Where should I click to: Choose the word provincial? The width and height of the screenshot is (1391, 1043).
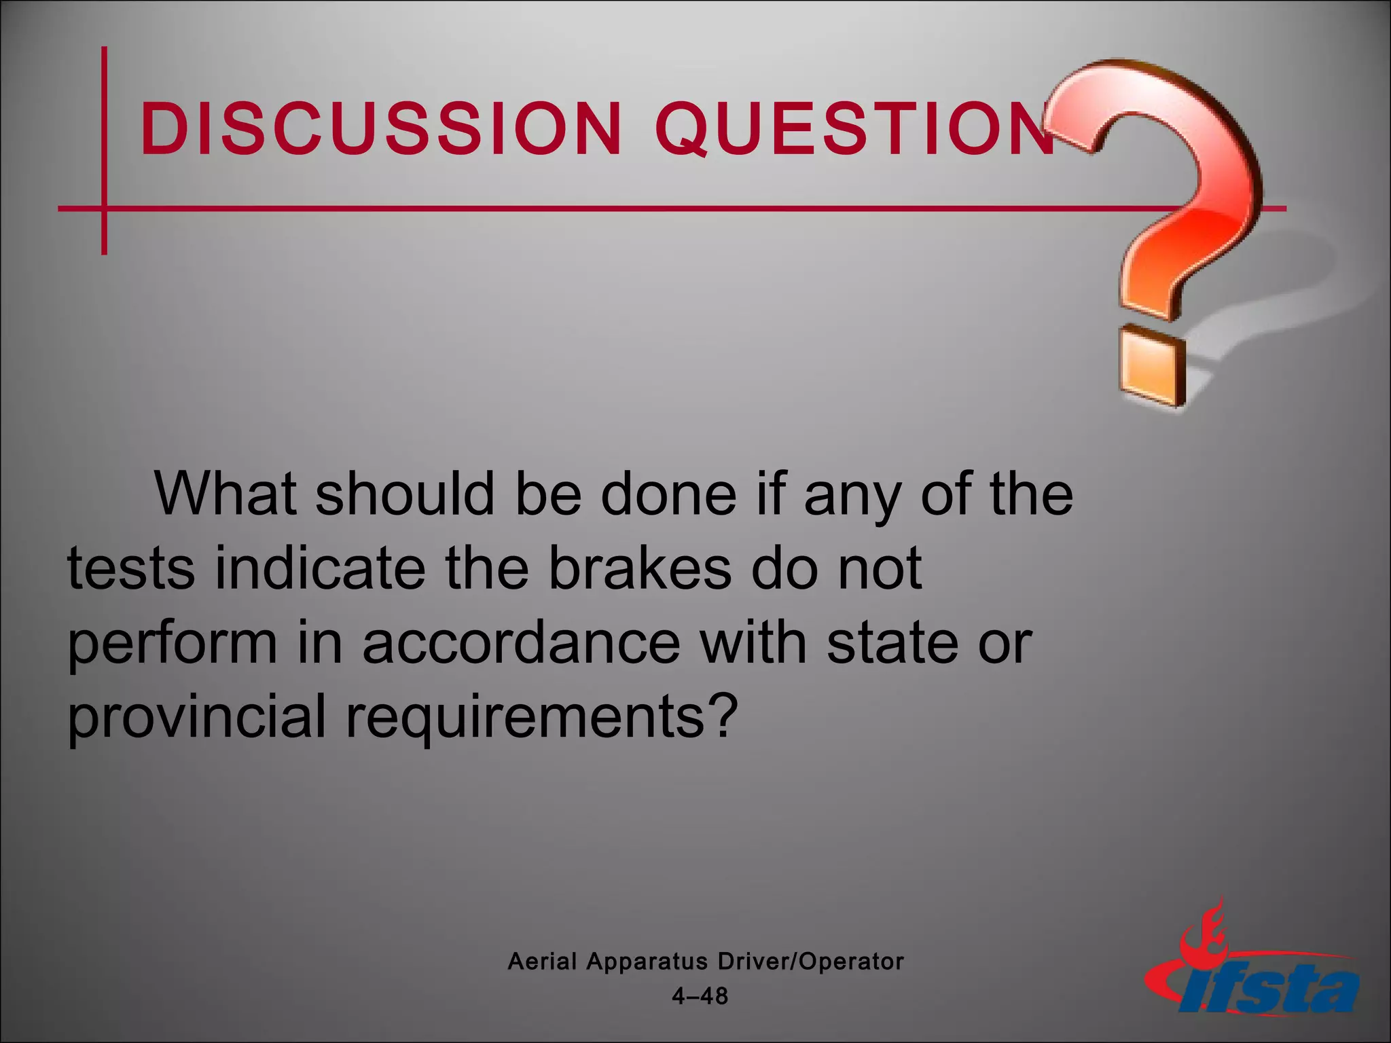point(197,717)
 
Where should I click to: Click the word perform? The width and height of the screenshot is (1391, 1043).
point(173,643)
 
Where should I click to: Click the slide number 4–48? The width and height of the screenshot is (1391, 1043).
point(700,996)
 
